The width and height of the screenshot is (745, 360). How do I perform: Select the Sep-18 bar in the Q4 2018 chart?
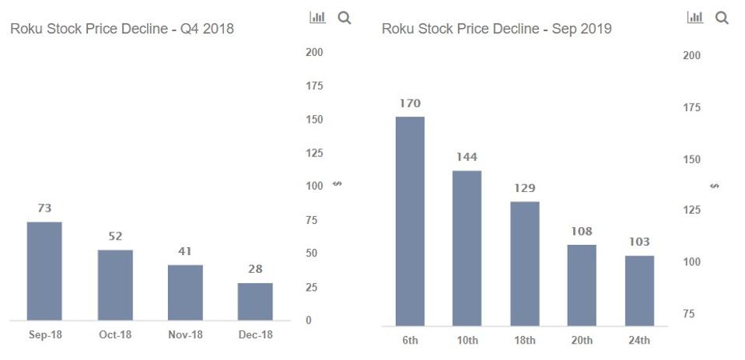point(44,271)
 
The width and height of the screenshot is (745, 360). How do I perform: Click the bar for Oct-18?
point(115,285)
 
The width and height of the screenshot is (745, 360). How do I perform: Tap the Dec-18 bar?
point(255,301)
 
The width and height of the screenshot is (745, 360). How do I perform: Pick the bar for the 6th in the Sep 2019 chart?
point(410,221)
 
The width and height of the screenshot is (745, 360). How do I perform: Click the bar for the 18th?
point(525,263)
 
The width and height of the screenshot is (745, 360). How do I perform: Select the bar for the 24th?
point(639,290)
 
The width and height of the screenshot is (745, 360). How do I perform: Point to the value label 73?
point(44,208)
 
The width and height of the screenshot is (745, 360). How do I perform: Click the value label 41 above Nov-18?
point(185,251)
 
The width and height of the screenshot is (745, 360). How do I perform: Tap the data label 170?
point(410,103)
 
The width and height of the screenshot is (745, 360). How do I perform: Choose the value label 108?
point(582,231)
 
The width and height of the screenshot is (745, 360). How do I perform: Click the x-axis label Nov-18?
point(185,334)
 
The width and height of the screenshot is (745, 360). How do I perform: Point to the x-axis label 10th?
point(467,341)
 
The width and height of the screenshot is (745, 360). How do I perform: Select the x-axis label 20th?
point(582,341)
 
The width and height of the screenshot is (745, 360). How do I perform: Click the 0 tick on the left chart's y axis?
point(310,320)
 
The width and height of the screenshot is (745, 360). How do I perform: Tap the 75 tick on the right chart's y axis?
point(688,313)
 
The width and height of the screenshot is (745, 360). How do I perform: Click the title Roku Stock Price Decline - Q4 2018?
point(121,29)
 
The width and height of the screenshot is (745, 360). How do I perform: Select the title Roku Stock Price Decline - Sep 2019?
point(496,29)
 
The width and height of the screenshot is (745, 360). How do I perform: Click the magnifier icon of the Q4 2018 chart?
point(344,18)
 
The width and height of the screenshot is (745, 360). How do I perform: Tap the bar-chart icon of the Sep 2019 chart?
point(695,17)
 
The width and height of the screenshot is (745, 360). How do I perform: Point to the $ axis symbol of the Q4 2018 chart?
point(337,184)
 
